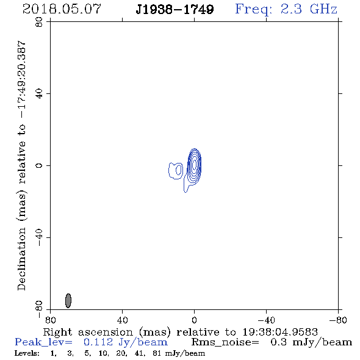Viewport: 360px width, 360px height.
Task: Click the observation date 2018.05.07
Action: tap(62, 9)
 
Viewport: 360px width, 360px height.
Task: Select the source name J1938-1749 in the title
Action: tap(175, 9)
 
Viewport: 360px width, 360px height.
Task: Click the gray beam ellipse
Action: tap(68, 301)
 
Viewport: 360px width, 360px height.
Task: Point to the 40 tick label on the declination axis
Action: tap(39, 94)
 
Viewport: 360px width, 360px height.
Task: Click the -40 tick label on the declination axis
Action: tap(39, 237)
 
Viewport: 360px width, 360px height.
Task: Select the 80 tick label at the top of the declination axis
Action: tap(39, 22)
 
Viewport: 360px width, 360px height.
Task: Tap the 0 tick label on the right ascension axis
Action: tap(194, 320)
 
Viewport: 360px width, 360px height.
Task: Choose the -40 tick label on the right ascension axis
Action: tap(266, 320)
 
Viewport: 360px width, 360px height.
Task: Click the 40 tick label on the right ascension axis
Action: tap(122, 320)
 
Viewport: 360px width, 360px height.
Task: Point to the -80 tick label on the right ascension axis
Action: tap(338, 320)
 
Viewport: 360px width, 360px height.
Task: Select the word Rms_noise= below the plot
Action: tap(225, 342)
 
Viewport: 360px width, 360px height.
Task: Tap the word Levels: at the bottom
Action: tap(27, 353)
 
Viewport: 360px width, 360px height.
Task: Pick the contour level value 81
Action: tap(157, 353)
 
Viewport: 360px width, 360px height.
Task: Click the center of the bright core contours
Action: tap(194, 165)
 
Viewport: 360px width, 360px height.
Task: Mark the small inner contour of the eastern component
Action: tap(178, 170)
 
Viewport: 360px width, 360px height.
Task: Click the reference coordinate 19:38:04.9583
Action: tap(280, 332)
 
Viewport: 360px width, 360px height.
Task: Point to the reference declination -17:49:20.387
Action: tap(22, 79)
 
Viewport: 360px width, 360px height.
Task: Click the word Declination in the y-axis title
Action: tap(22, 259)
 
